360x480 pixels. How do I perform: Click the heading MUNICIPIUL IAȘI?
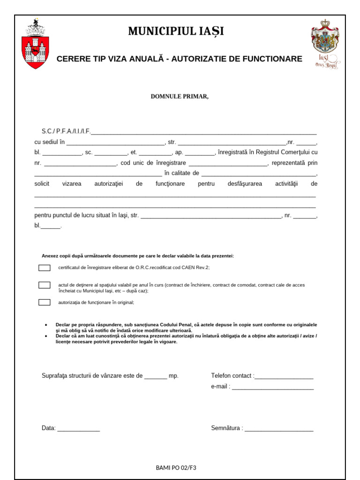pyautogui.click(x=176, y=31)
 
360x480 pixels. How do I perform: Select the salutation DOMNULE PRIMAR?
pyautogui.click(x=179, y=97)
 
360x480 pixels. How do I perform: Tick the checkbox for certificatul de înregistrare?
pyautogui.click(x=44, y=268)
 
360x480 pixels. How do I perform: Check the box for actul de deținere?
pyautogui.click(x=44, y=285)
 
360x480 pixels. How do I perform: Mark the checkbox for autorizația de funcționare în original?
pyautogui.click(x=44, y=302)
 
